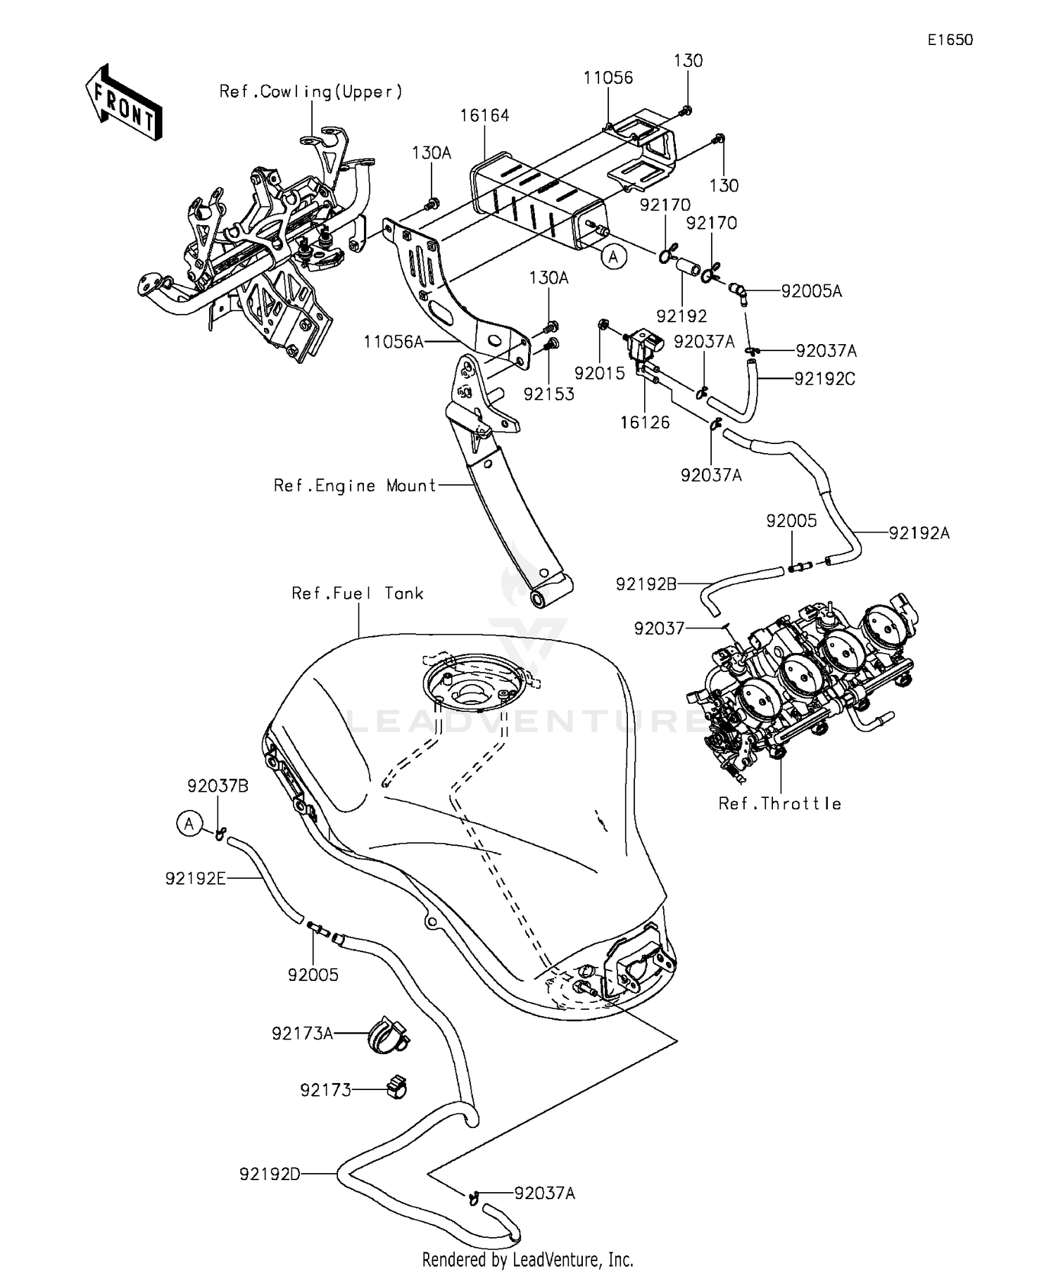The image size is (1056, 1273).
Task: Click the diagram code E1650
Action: pos(950,40)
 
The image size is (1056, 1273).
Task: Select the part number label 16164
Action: pos(484,115)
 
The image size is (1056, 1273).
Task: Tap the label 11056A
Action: pos(394,342)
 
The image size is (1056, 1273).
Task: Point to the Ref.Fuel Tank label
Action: pos(358,593)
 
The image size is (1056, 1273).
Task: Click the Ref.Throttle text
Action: pos(779,804)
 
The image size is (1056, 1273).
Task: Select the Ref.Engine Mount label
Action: pos(356,486)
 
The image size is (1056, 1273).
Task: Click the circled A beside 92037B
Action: pos(189,823)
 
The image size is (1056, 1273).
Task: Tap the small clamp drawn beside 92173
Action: pos(396,1088)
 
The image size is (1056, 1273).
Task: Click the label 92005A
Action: pos(811,291)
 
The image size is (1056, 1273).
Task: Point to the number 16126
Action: pos(645,422)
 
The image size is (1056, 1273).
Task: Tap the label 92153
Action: pos(548,394)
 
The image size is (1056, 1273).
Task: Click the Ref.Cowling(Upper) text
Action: pos(310,91)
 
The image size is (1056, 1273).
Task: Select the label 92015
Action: pos(599,373)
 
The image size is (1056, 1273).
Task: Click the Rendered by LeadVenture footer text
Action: pos(527,1259)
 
